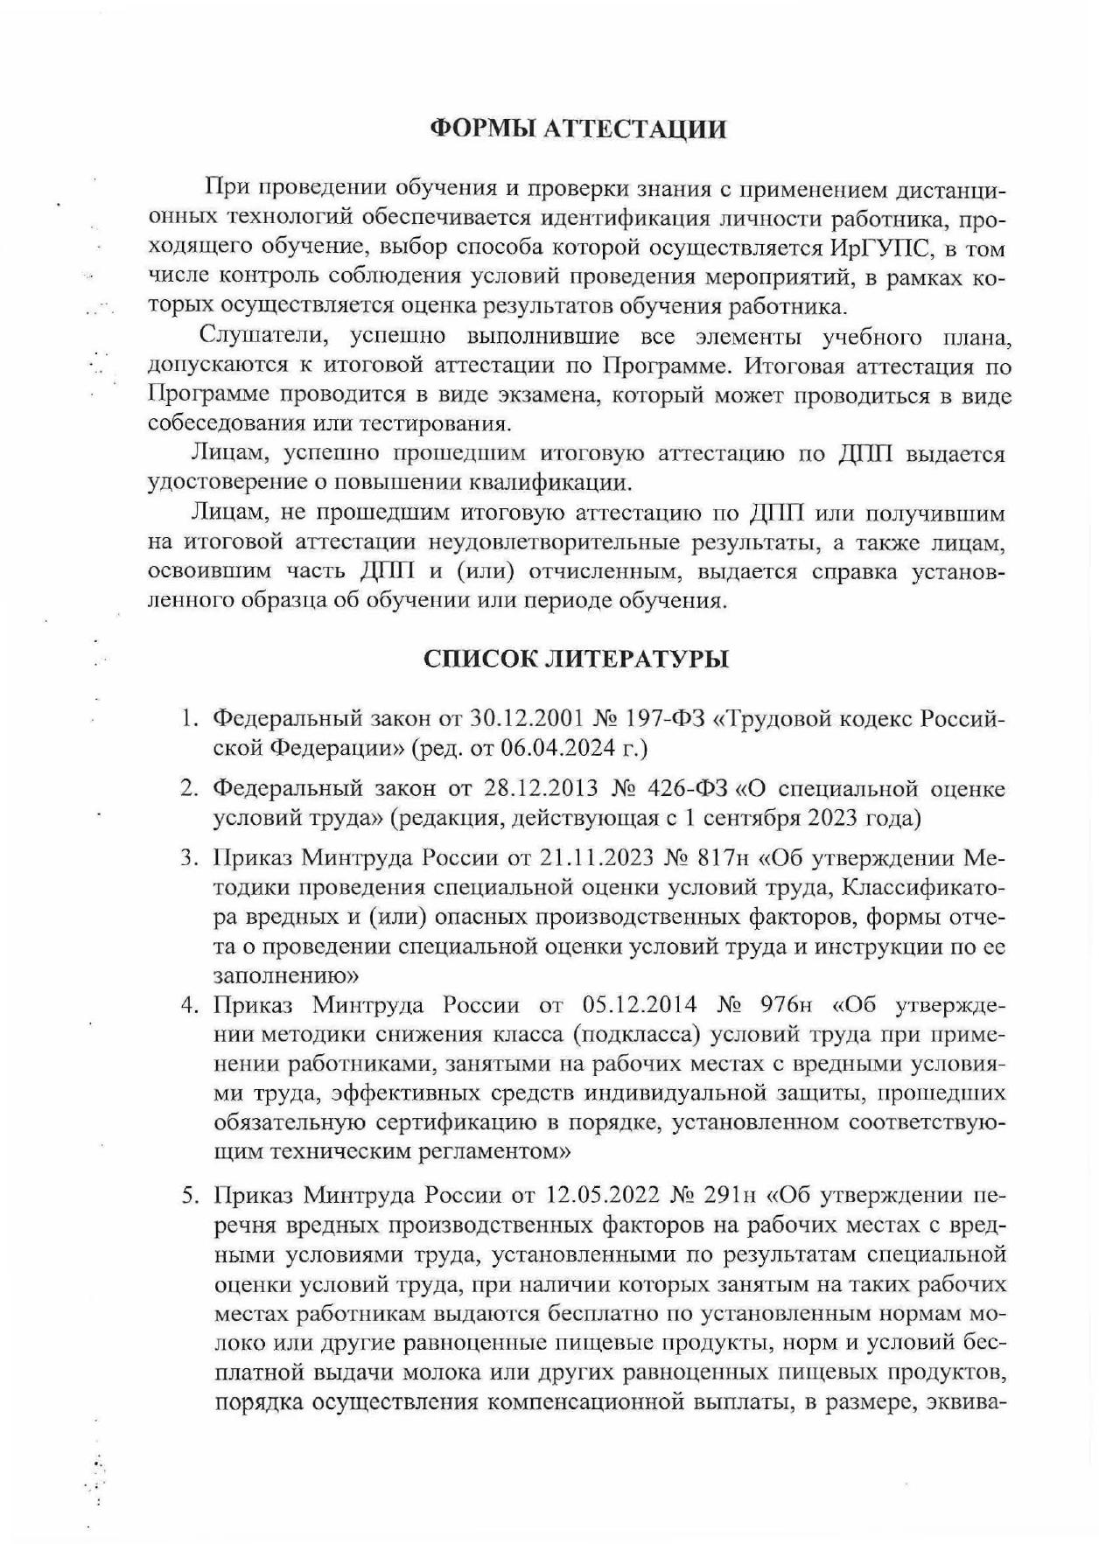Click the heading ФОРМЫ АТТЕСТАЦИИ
pos(578,129)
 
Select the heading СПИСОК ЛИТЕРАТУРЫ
pos(576,659)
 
